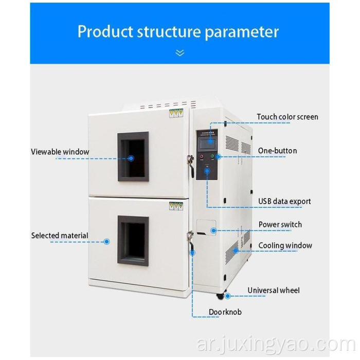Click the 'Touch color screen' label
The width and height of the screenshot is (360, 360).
point(287,117)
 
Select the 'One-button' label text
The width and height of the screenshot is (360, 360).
point(277,151)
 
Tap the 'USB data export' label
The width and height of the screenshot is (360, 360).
point(284,201)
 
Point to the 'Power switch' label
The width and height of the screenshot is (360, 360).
point(280,224)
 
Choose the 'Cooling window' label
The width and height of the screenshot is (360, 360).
point(285,245)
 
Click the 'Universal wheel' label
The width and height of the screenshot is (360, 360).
point(273,291)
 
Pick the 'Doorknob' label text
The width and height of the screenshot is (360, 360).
point(225,312)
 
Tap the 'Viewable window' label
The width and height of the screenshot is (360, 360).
point(60,152)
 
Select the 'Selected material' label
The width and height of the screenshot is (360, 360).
point(60,236)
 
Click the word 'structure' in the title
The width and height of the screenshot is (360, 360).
point(169,31)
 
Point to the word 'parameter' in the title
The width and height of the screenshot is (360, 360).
point(242,31)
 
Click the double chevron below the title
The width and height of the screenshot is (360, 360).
point(179,52)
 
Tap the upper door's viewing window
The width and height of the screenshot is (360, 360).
point(133,156)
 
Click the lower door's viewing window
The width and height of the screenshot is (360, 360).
point(133,240)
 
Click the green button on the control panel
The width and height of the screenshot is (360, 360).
point(212,156)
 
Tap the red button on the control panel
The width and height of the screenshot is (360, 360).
point(201,156)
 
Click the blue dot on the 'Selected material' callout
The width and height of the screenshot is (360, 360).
point(107,241)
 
